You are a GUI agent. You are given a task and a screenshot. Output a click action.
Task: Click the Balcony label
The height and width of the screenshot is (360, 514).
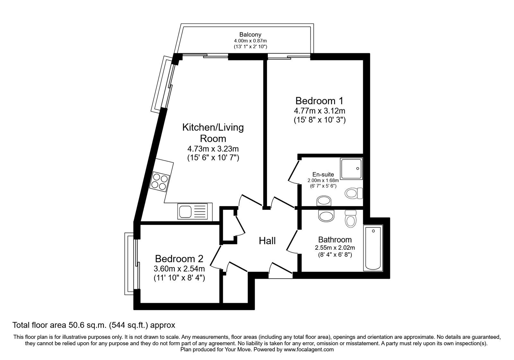click(x=250, y=34)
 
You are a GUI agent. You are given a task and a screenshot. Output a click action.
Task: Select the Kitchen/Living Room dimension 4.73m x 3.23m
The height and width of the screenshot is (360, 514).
click(x=213, y=149)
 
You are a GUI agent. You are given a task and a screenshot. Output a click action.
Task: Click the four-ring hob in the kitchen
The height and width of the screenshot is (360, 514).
click(x=160, y=182)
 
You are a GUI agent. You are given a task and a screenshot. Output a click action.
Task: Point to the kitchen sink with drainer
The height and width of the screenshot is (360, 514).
click(x=195, y=212)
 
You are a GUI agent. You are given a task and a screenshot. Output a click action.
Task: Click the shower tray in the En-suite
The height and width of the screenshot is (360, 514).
click(x=351, y=168)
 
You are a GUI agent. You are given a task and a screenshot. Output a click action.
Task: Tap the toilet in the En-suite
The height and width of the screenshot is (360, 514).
click(x=353, y=194)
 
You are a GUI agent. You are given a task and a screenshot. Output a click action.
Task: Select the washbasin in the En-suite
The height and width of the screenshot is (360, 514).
click(x=323, y=202)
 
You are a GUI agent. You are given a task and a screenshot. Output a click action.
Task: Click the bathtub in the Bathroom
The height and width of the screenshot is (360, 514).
click(x=373, y=248)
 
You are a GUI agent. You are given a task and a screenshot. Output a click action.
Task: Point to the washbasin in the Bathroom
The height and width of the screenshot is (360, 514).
click(x=327, y=216)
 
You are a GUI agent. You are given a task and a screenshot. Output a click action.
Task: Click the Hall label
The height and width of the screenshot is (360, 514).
click(x=267, y=240)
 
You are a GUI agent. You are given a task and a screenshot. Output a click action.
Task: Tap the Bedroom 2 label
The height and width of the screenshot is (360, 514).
click(x=179, y=259)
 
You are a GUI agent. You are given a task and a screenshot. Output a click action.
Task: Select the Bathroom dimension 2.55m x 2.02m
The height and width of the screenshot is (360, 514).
click(x=335, y=248)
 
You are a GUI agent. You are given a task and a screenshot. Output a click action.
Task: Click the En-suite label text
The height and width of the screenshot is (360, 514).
click(x=323, y=175)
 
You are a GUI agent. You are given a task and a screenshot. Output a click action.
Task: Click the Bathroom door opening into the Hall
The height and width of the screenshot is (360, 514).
click(x=292, y=241)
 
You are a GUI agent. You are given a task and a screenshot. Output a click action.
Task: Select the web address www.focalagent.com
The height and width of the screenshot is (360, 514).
click(x=309, y=349)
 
